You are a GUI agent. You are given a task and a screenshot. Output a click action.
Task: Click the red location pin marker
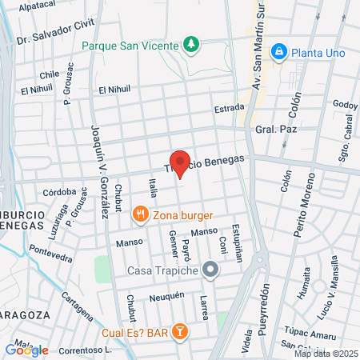pos(180,164)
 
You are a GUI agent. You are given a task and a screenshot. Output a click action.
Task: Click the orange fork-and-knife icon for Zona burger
pos(140,215)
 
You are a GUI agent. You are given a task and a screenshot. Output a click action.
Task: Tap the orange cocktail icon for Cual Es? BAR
pos(181,330)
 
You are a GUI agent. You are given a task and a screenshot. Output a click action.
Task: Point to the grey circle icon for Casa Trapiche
pos(210,270)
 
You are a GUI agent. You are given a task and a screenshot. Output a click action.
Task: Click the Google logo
pos(26,350)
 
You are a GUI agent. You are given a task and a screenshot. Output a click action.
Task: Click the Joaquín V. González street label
pos(99,171)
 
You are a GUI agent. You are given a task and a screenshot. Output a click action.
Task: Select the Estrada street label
pos(228,108)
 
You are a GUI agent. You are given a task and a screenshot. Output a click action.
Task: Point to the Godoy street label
pos(345,105)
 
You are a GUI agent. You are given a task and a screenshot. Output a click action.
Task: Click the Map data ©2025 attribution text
pos(326,353)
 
